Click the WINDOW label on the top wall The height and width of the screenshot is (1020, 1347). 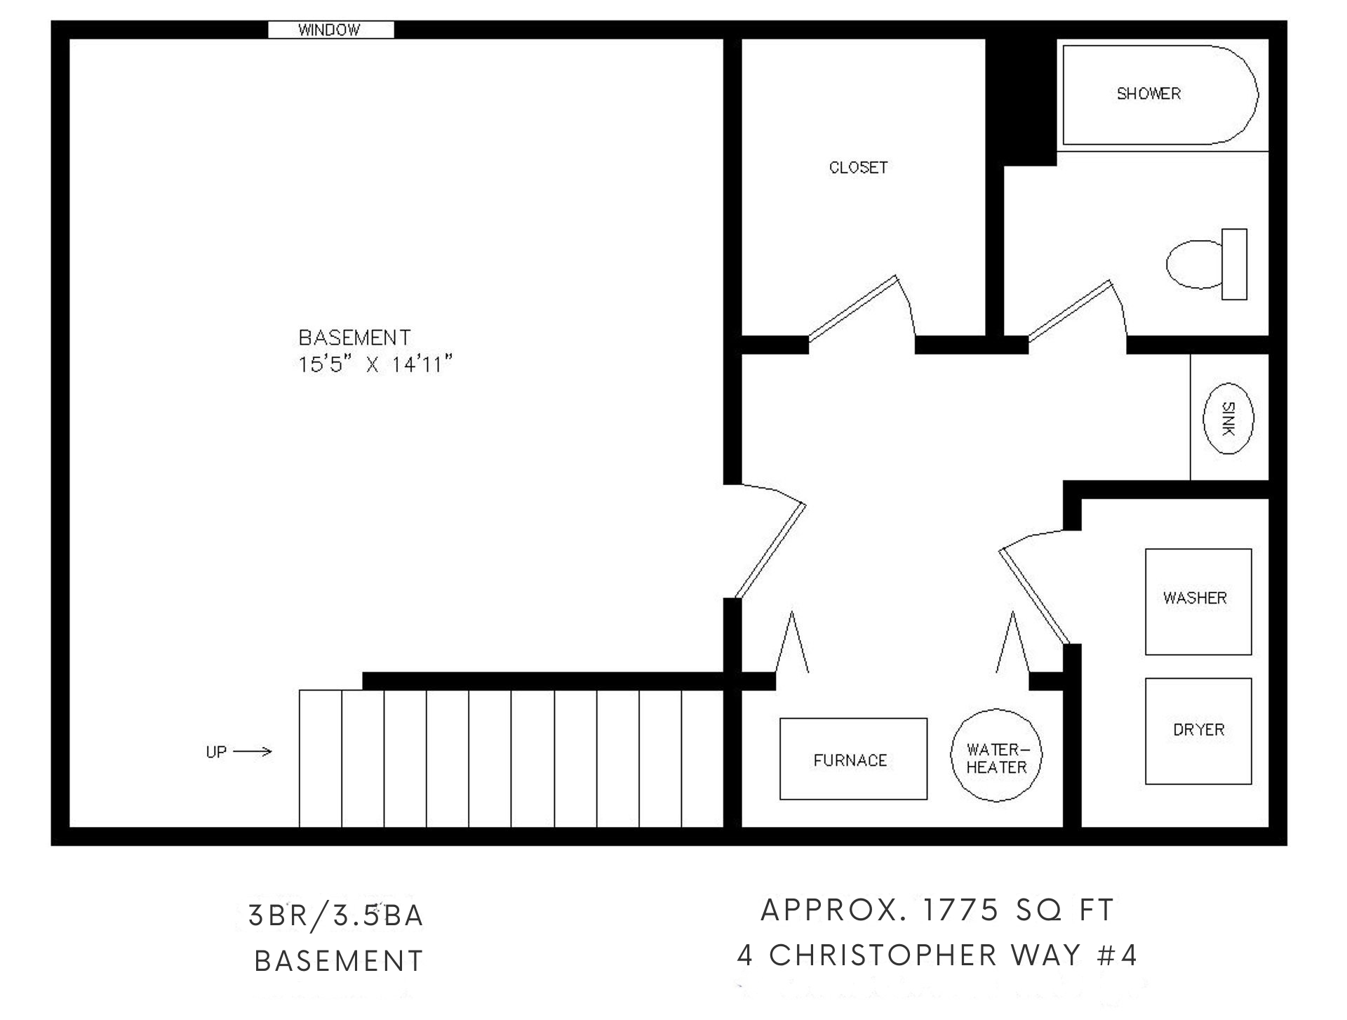point(329,30)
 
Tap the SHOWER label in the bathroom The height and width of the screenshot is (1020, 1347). point(1148,93)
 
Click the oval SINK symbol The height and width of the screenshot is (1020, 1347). point(1228,418)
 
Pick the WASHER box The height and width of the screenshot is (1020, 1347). point(1198,602)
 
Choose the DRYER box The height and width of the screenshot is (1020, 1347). point(1198,731)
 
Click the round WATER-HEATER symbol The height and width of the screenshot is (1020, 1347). point(996,755)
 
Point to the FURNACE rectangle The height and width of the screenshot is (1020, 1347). point(853,759)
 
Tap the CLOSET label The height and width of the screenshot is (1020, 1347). point(858,168)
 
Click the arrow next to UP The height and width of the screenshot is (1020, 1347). point(252,752)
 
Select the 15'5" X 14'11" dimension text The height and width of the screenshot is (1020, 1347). point(375,365)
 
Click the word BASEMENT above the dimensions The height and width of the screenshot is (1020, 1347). point(354,338)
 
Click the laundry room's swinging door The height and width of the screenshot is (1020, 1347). point(1036,587)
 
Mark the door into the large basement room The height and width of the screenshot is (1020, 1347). point(768,541)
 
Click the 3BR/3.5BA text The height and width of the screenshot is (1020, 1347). point(336,916)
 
